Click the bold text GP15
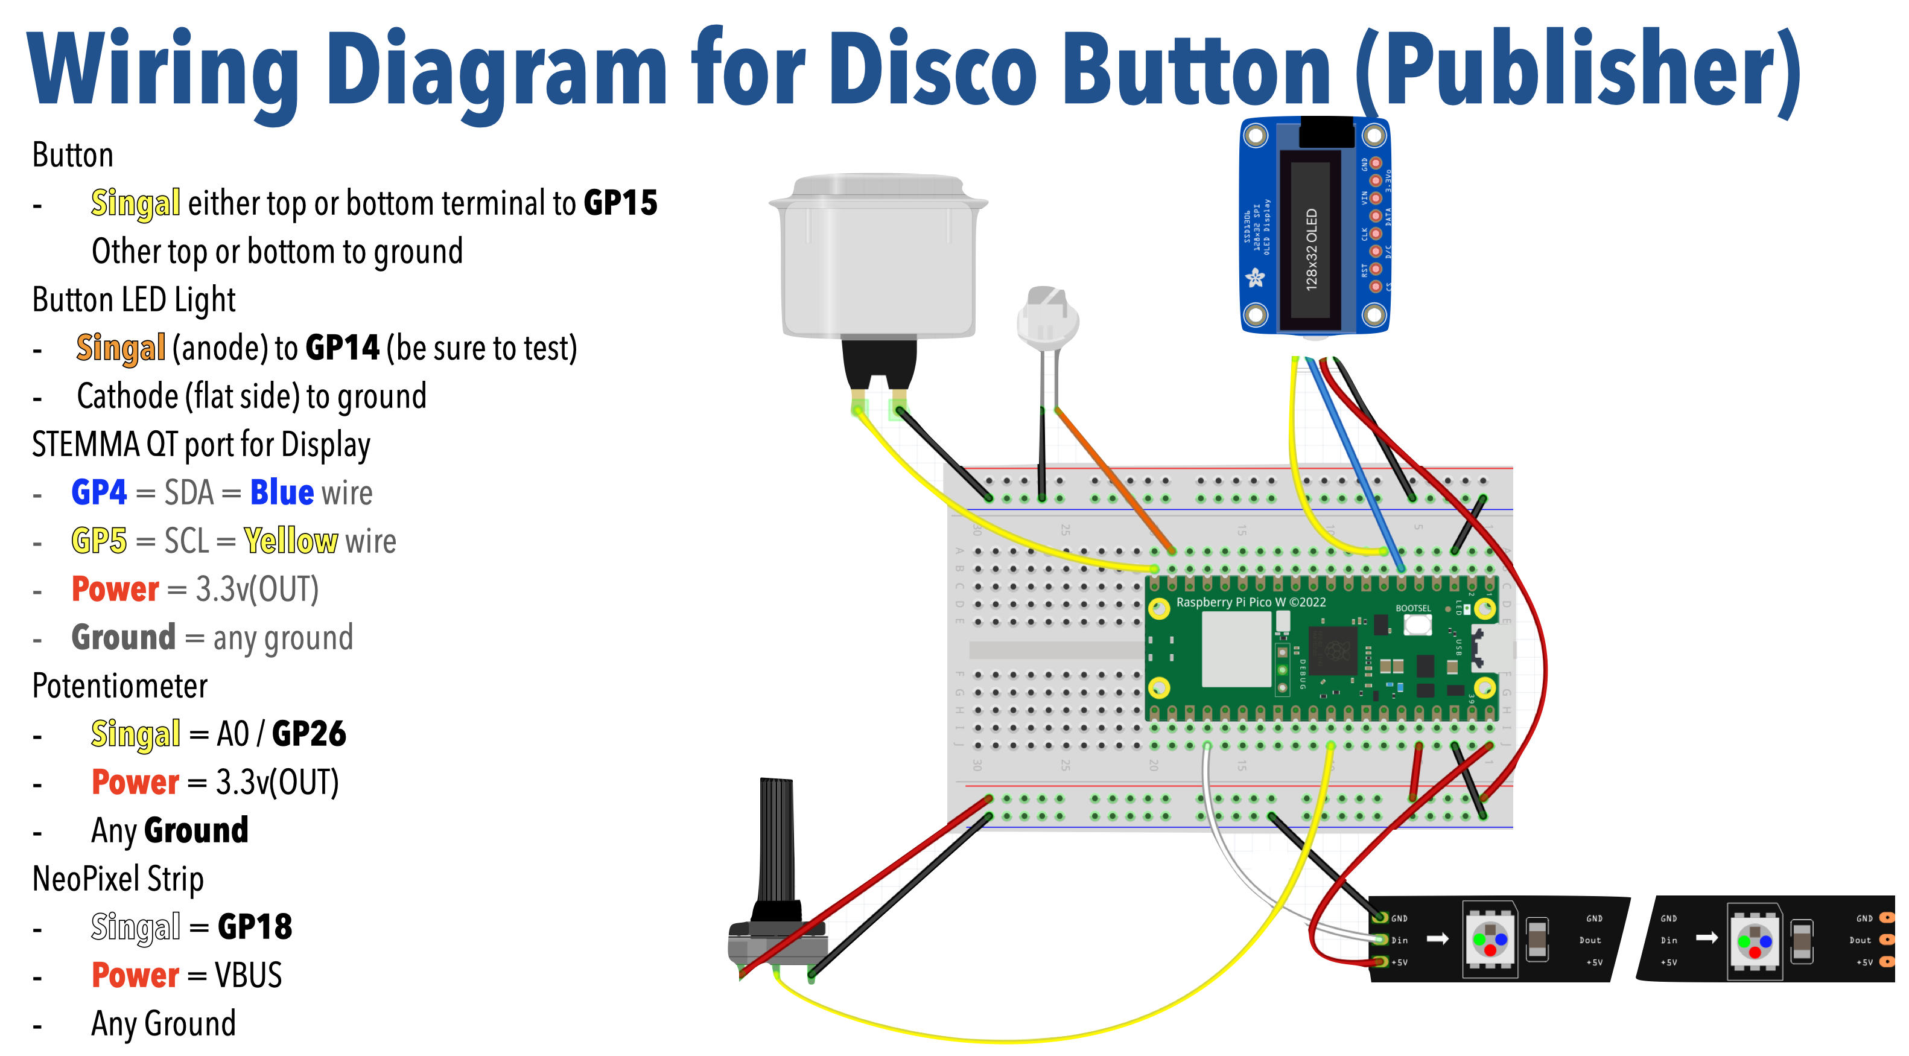coord(620,203)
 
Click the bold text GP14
coord(341,348)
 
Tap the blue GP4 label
coord(98,492)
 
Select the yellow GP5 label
coord(98,540)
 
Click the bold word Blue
coord(282,492)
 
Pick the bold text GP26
coord(308,734)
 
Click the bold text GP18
coord(254,926)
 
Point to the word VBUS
coord(248,975)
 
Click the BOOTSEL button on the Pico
coord(1417,624)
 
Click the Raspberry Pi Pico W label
coord(1250,602)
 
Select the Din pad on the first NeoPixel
coord(1380,940)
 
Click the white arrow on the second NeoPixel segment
coord(1707,938)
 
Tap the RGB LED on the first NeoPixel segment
coord(1490,940)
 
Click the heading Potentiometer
coord(119,685)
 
